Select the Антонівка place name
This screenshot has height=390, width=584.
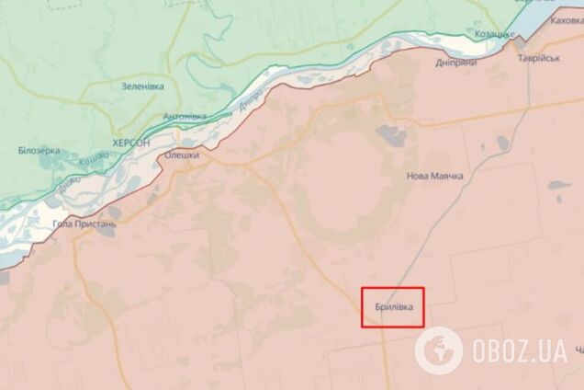[184, 117]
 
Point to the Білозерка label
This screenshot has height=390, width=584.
[39, 150]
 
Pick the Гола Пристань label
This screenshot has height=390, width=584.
[84, 224]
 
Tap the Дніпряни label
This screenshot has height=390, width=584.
[455, 63]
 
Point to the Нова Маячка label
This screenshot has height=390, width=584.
[435, 176]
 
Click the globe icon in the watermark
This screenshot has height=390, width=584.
[437, 350]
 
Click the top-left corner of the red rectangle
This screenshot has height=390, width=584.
[360, 288]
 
